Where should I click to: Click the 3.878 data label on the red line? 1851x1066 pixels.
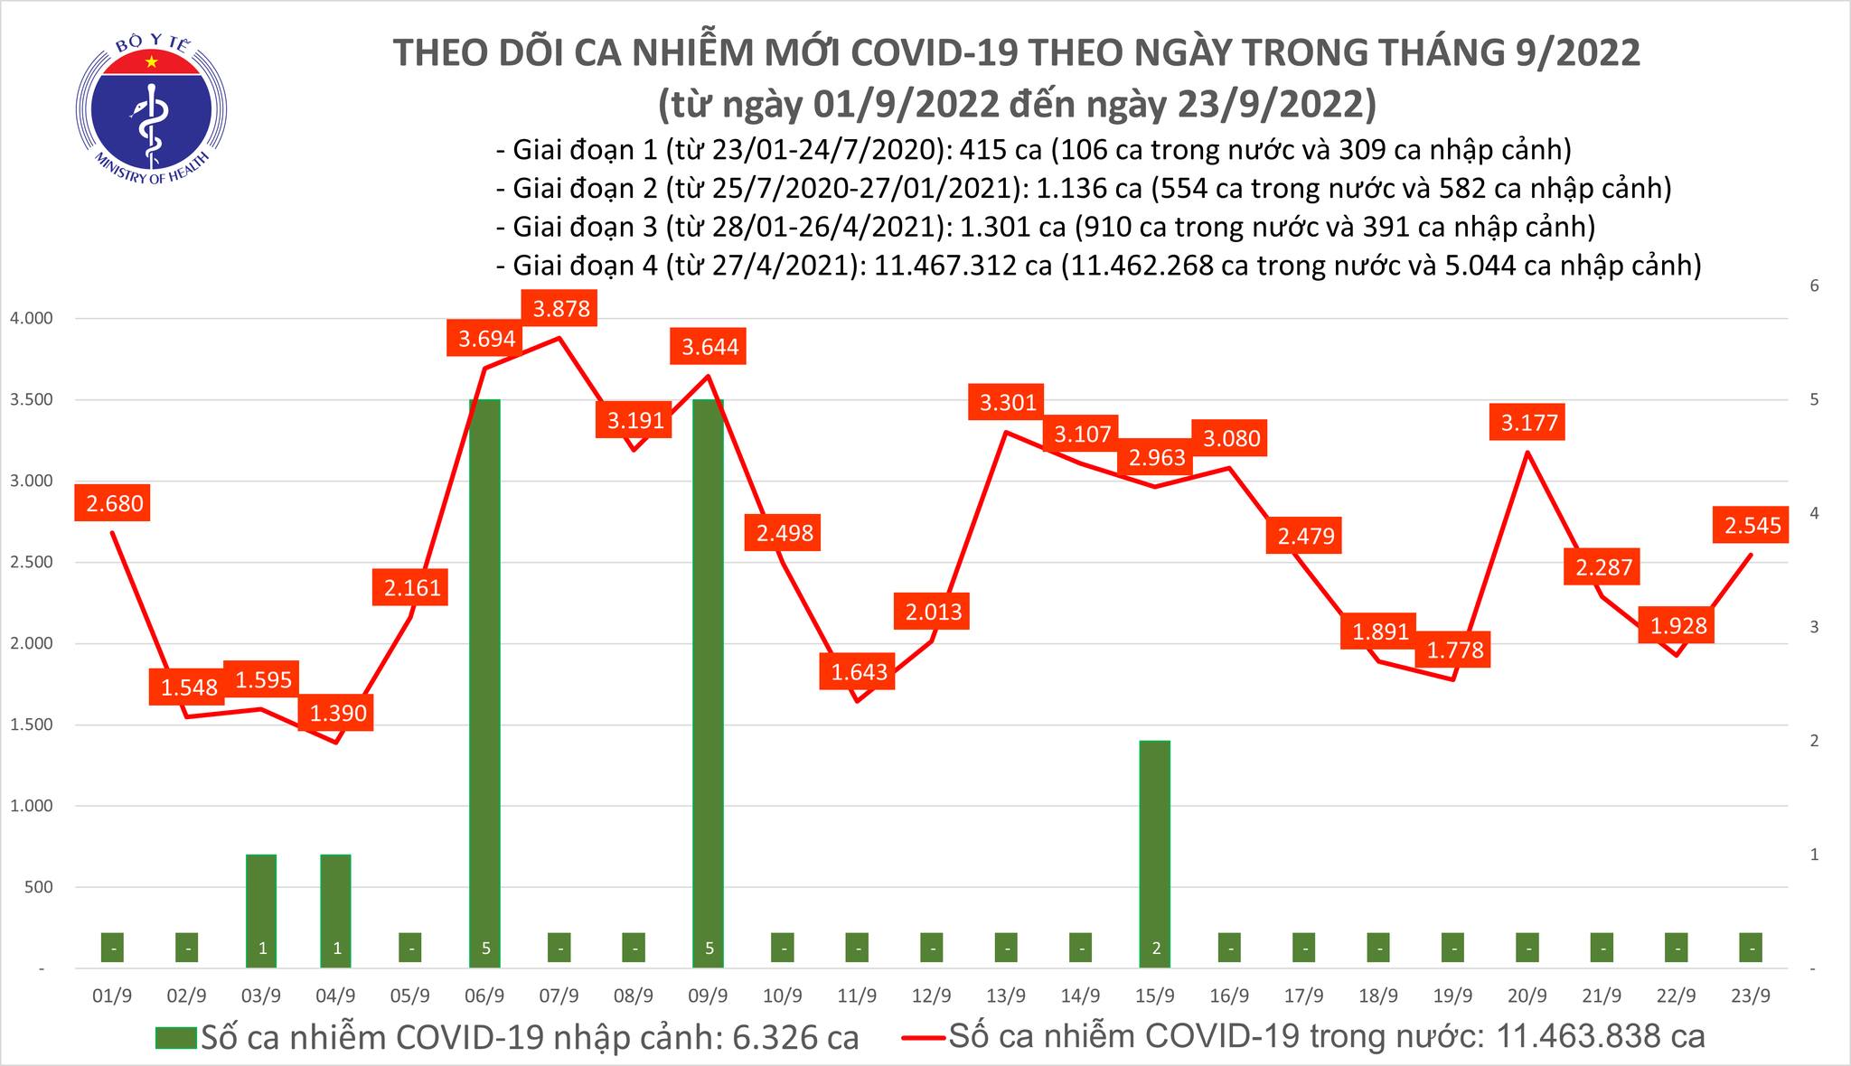tap(561, 309)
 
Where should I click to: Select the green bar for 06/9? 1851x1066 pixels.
tap(484, 678)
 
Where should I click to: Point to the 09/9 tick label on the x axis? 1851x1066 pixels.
tap(708, 996)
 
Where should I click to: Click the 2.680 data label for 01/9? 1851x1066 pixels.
tap(114, 503)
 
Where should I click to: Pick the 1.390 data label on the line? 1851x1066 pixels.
tap(338, 713)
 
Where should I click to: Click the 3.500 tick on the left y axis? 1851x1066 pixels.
tap(32, 399)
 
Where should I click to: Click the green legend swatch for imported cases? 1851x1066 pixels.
tap(175, 1037)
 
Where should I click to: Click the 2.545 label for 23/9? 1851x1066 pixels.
tap(1752, 526)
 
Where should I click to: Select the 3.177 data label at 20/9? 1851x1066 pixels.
tap(1529, 423)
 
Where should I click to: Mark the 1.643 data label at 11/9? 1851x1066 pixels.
tap(860, 672)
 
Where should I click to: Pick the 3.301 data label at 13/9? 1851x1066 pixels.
tap(1008, 402)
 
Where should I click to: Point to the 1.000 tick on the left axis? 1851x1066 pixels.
tap(32, 806)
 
